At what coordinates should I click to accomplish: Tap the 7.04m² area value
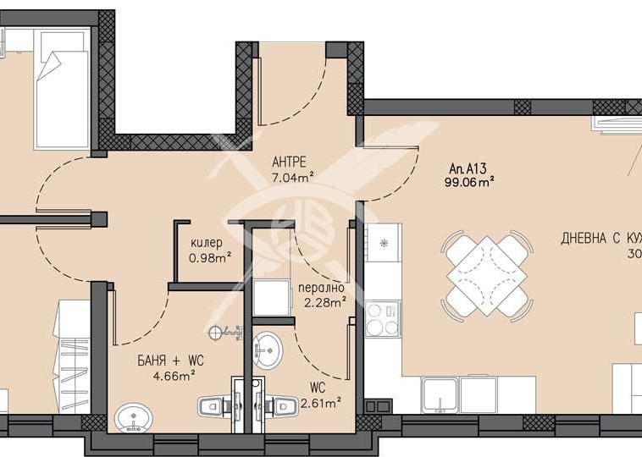point(293,177)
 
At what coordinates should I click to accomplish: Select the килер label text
point(208,243)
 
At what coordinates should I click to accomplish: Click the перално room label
point(321,287)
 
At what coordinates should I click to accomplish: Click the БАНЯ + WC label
point(171,360)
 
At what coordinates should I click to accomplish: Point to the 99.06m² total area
point(469,180)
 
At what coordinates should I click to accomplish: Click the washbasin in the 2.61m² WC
point(270,346)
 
